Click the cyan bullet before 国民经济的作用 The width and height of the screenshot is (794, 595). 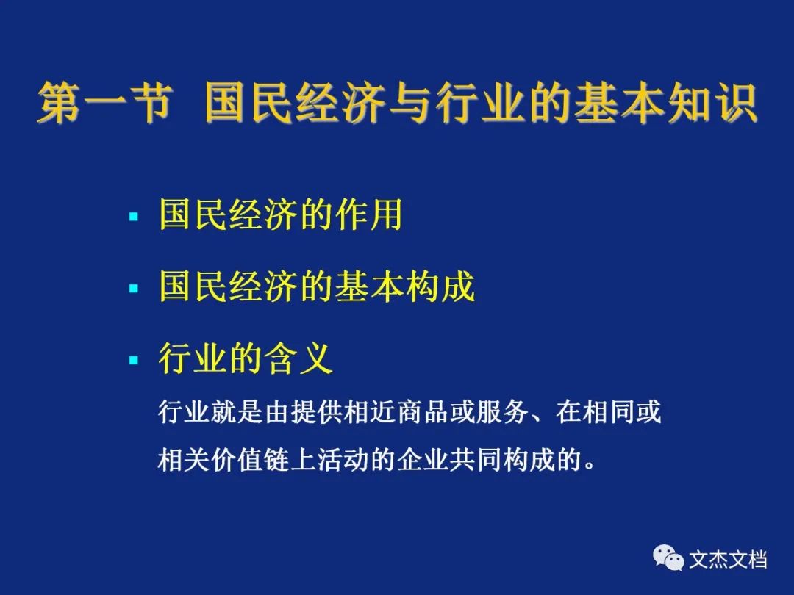coord(134,217)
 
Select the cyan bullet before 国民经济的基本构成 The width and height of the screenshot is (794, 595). coord(134,289)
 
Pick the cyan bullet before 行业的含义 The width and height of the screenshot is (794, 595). coord(134,360)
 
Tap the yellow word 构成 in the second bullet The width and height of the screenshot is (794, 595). coord(440,286)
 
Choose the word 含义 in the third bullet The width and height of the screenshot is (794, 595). coord(298,358)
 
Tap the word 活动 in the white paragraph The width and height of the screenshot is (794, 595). coord(343,459)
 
